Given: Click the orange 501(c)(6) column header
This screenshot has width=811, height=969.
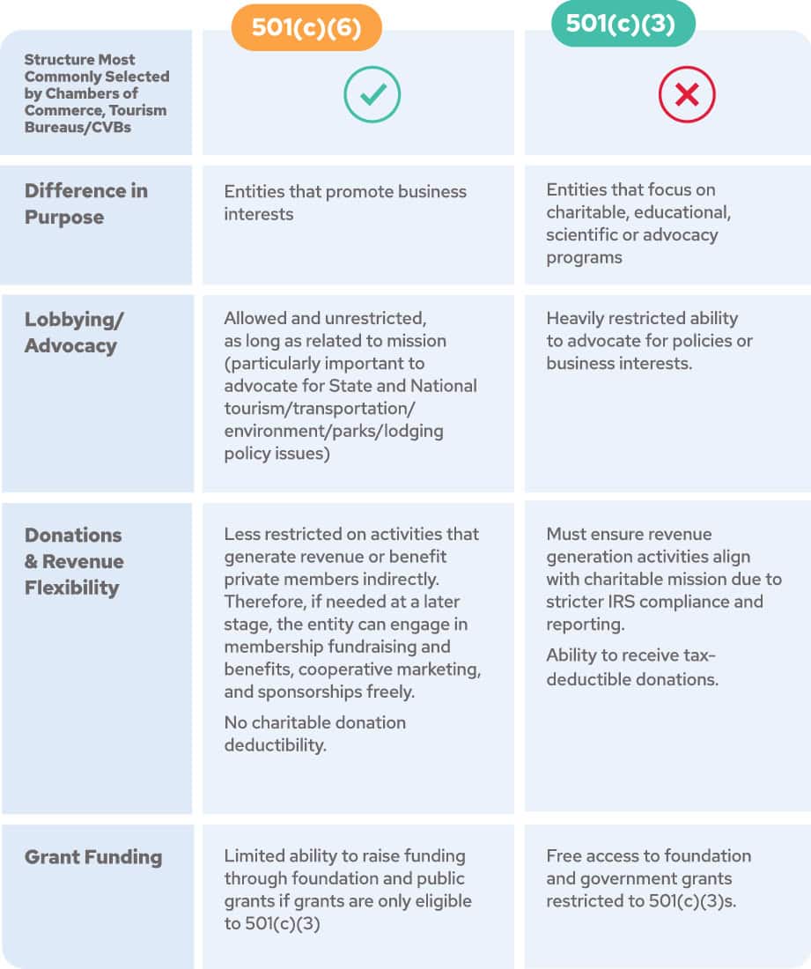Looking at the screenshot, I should coord(306,27).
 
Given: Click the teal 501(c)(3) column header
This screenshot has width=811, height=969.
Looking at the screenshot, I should coord(621,24).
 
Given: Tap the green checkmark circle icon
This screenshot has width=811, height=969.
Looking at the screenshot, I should coord(372,94).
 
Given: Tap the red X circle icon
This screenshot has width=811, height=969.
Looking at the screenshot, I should coord(687,94).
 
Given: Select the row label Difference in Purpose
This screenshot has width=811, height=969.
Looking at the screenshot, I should coord(86,203).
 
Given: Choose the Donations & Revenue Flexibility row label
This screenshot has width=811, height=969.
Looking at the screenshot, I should coord(75,561).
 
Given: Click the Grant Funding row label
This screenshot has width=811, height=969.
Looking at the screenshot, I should coord(93,857).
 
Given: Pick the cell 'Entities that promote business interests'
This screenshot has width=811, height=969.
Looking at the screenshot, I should coord(345,203).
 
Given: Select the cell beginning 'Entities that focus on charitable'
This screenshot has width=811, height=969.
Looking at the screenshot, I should coord(638,223).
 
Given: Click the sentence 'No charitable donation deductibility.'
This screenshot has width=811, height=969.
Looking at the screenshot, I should coord(314,734).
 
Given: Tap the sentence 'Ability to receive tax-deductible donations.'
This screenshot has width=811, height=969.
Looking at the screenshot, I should coord(632,667).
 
